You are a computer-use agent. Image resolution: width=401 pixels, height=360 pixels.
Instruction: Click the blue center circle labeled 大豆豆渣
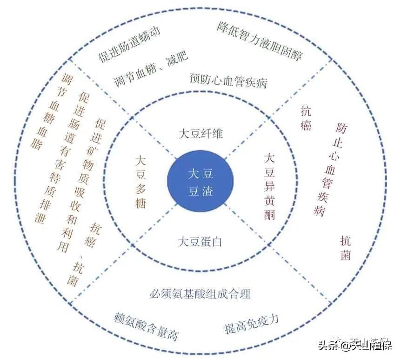(200, 182)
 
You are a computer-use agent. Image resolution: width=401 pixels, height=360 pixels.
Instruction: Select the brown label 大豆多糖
(140, 182)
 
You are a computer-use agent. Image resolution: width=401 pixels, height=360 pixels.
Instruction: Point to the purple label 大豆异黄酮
(269, 186)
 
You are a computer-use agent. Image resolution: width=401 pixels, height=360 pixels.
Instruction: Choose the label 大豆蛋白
(200, 242)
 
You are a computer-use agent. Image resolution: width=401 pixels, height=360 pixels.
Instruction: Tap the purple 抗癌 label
(306, 119)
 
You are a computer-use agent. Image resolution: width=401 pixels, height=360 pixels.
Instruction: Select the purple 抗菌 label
(345, 248)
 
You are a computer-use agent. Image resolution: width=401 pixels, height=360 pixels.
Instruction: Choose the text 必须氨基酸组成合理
(200, 294)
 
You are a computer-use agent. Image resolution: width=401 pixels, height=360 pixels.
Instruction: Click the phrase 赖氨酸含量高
(146, 326)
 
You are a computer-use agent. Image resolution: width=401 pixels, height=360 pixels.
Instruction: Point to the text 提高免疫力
(251, 324)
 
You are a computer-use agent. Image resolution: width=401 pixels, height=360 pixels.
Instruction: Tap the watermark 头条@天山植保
(355, 346)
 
